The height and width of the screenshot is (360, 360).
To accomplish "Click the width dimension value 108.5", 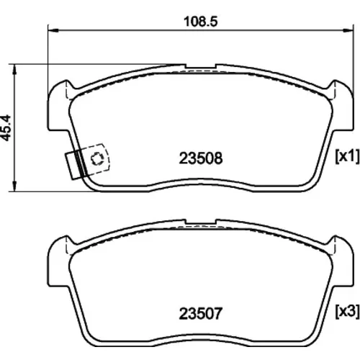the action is [x=201, y=22].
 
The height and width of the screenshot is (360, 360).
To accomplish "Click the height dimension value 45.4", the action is [x=6, y=127].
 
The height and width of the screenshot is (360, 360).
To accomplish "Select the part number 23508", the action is [x=201, y=158].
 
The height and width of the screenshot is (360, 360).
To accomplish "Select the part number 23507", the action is [x=201, y=313].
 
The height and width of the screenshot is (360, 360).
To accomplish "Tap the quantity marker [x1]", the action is [x=347, y=156].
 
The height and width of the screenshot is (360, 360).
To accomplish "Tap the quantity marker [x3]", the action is [x=347, y=311].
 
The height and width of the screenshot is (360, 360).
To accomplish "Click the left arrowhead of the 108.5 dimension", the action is [x=53, y=30].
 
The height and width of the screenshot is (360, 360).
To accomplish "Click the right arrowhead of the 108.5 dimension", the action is [x=348, y=30].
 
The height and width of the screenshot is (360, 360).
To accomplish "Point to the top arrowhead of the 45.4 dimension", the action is [x=15, y=70].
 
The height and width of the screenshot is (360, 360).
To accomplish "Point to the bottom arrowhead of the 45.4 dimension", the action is [x=15, y=186].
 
